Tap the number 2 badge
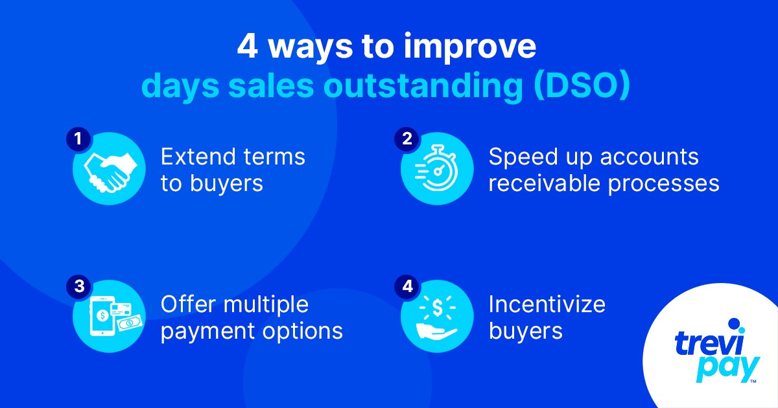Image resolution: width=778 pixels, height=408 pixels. [407, 139]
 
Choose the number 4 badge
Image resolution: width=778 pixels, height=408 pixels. [407, 286]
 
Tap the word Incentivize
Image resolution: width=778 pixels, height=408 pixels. [547, 304]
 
